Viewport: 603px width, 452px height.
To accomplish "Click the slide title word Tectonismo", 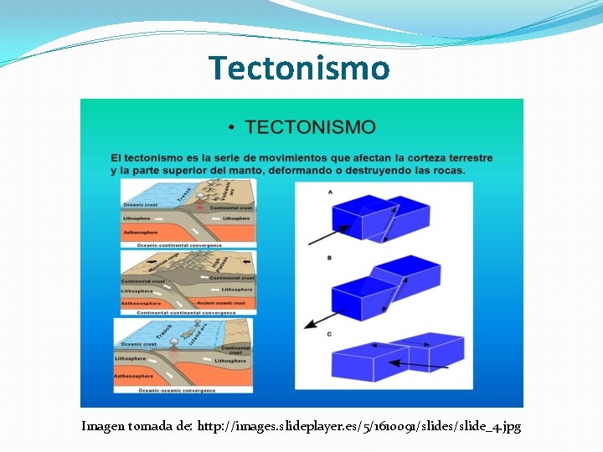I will click(299, 68).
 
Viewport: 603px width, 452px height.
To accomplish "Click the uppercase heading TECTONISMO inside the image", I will click(310, 127).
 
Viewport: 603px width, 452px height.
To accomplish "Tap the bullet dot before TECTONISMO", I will click(231, 128).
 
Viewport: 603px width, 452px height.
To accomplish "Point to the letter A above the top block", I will click(330, 192).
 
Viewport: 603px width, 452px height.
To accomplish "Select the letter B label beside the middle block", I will click(329, 258).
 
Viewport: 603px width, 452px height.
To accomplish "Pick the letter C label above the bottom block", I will click(329, 334).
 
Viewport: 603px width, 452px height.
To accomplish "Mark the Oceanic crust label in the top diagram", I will click(140, 204).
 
